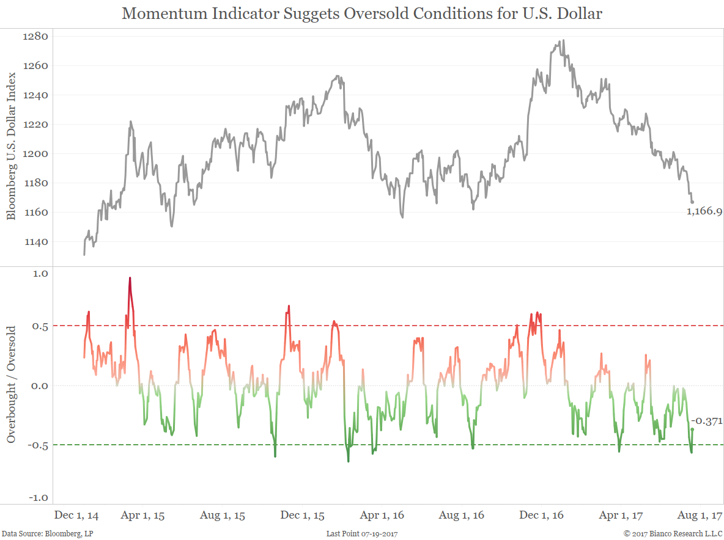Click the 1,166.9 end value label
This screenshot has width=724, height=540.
pyautogui.click(x=704, y=212)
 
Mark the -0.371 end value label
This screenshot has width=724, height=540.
pyautogui.click(x=706, y=421)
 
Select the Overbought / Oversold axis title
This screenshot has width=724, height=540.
pyautogui.click(x=11, y=385)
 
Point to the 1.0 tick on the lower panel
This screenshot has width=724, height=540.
pyautogui.click(x=40, y=274)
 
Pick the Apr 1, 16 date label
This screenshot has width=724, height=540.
pyautogui.click(x=382, y=516)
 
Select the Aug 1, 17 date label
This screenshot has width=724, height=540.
pyautogui.click(x=700, y=516)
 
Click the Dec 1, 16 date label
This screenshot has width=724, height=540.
pyautogui.click(x=541, y=516)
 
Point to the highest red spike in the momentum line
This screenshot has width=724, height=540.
pyautogui.click(x=130, y=278)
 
